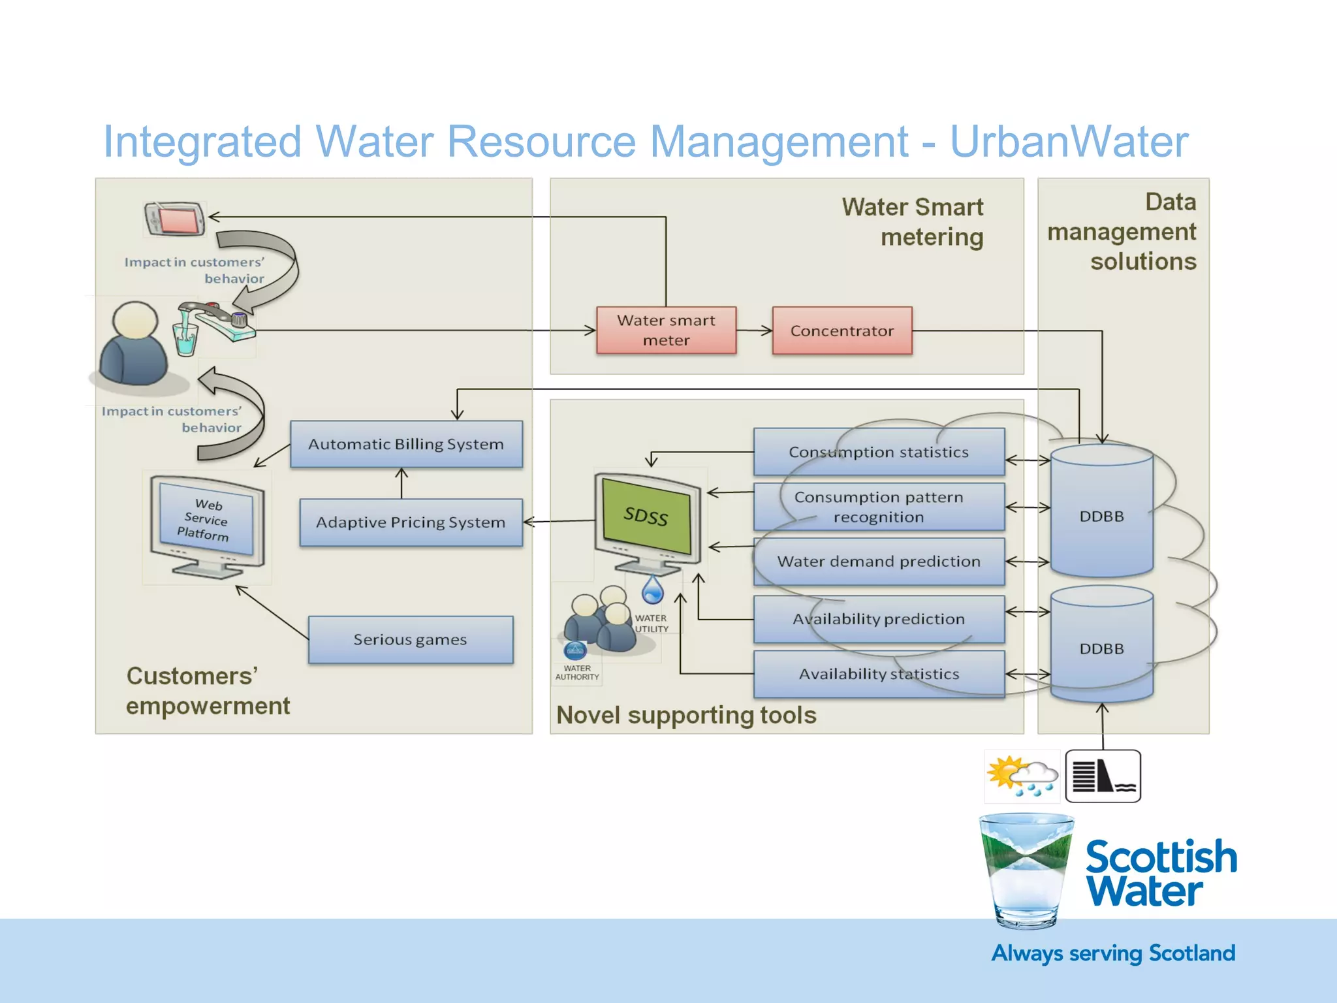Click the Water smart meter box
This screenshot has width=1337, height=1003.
pos(666,330)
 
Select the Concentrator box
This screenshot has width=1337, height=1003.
pos(842,330)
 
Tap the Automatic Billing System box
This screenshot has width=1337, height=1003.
pos(406,444)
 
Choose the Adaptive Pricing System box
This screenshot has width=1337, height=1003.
pos(411,522)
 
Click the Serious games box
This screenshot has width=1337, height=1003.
pos(410,639)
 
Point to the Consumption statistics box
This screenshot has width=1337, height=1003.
pos(878,452)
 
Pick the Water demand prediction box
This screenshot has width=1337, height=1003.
pos(878,562)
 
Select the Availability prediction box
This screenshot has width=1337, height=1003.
pos(878,619)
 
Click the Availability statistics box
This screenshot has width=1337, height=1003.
pos(878,674)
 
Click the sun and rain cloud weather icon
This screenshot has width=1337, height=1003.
pos(1021,776)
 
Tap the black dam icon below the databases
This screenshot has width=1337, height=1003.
pos(1103,776)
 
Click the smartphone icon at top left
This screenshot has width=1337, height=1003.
pos(174,219)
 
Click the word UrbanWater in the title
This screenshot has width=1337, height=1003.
pos(1069,142)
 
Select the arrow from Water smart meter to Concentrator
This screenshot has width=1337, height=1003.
pos(754,331)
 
